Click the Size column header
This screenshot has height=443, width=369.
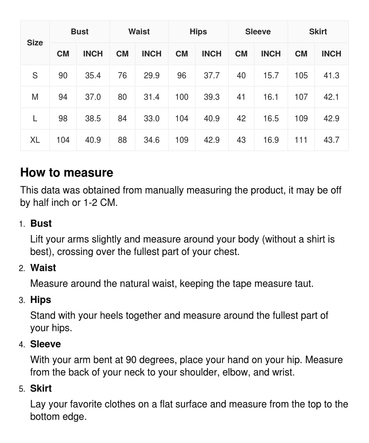point(35,43)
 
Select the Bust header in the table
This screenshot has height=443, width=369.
point(79,32)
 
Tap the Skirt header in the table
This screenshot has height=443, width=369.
point(318,32)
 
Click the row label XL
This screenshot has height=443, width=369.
point(35,140)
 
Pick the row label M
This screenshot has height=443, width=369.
point(35,97)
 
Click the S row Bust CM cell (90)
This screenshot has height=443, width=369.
point(63,76)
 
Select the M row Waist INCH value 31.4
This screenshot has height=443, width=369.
point(151,97)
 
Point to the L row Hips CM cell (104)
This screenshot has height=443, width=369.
point(182,119)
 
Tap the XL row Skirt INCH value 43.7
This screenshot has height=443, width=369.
point(331,140)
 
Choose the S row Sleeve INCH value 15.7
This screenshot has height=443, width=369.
point(270,76)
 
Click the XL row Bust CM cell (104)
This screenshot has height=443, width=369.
point(63,140)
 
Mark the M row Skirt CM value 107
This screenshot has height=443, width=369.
point(301,97)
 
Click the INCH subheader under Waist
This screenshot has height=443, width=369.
point(151,54)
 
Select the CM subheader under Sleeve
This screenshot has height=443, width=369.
point(241,54)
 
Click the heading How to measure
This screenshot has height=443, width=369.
point(67,173)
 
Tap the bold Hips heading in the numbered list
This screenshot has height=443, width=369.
point(41,300)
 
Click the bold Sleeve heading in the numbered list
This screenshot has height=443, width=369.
point(45,344)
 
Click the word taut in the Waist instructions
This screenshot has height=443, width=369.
point(304,284)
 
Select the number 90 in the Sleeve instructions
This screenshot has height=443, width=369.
point(131,360)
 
